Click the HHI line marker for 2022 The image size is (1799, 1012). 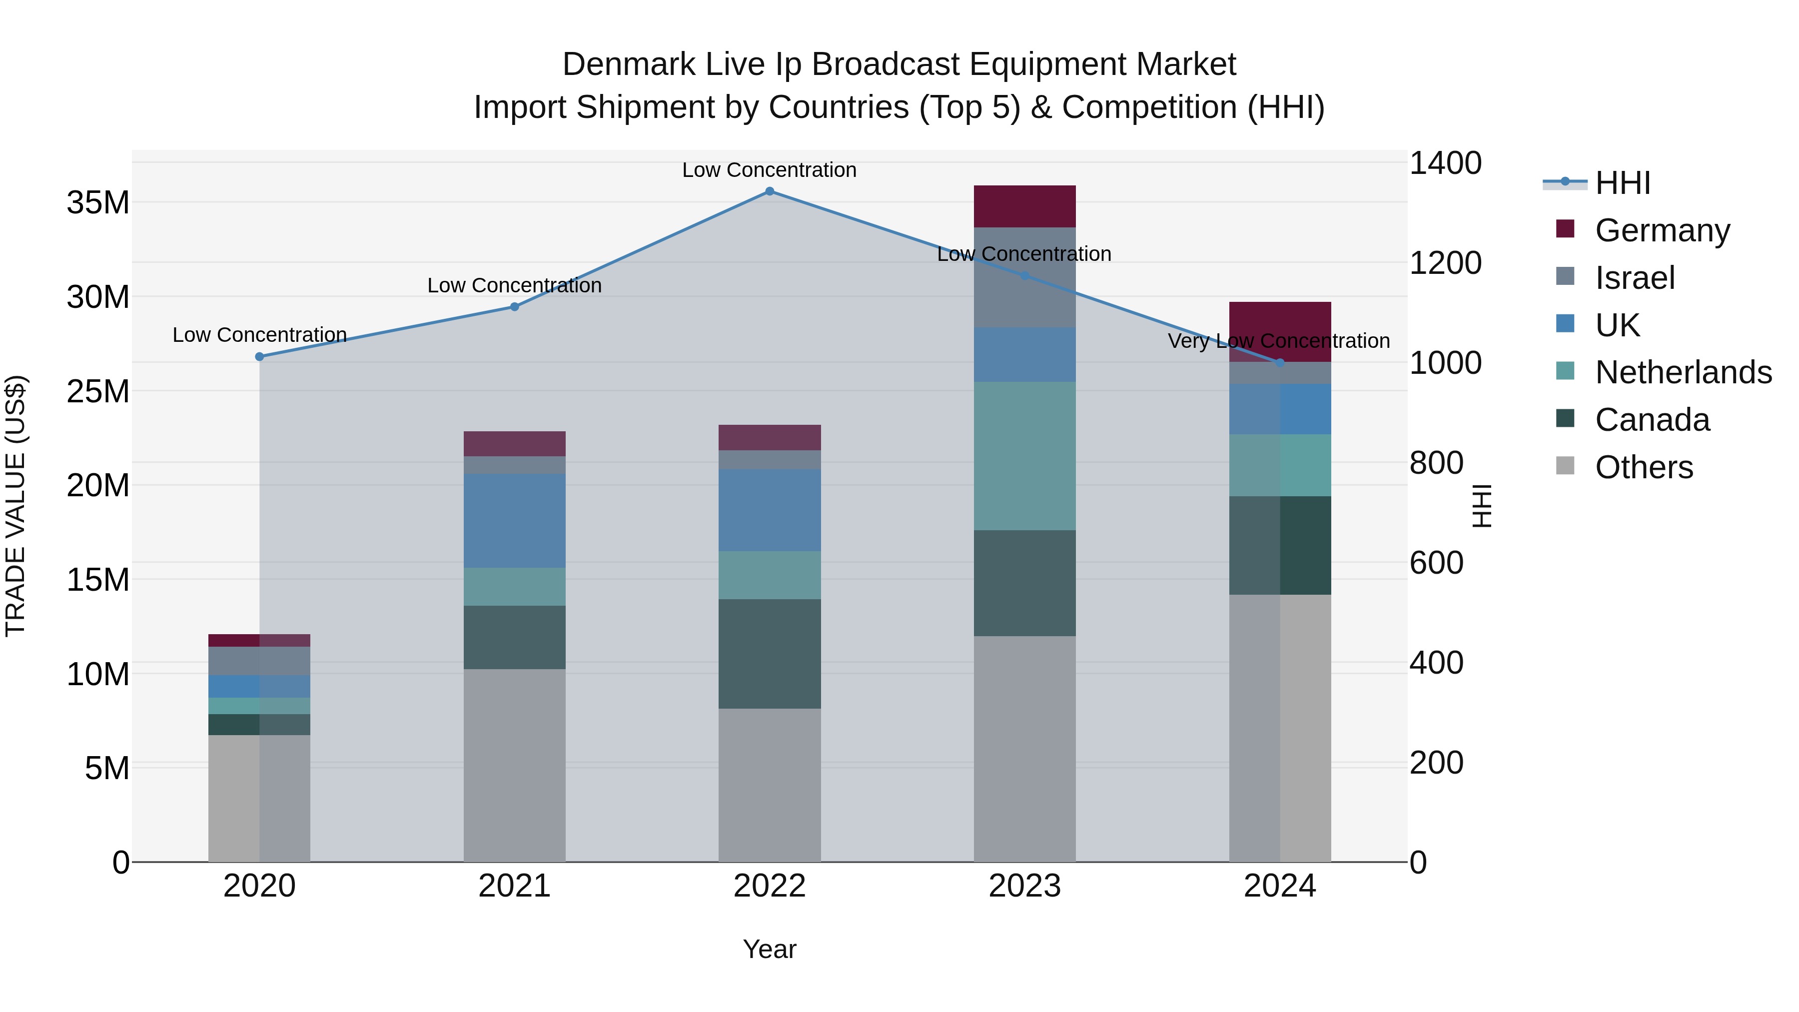pyautogui.click(x=769, y=191)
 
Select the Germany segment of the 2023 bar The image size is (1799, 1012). pyautogui.click(x=1024, y=207)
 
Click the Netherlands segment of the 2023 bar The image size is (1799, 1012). pyautogui.click(x=1024, y=456)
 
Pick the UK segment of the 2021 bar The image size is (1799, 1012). pyautogui.click(x=514, y=521)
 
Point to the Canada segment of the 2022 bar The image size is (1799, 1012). pyautogui.click(x=769, y=654)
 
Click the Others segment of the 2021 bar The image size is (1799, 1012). pyautogui.click(x=514, y=766)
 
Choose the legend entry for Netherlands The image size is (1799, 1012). pyautogui.click(x=1683, y=372)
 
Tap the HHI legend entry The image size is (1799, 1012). pyautogui.click(x=1622, y=183)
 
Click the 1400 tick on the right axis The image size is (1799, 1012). pyautogui.click(x=1445, y=163)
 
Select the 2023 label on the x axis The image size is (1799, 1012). pyautogui.click(x=1024, y=886)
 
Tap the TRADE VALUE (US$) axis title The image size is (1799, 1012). pyautogui.click(x=16, y=506)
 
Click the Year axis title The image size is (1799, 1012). pyautogui.click(x=769, y=949)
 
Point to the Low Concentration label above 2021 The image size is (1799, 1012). pyautogui.click(x=514, y=286)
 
